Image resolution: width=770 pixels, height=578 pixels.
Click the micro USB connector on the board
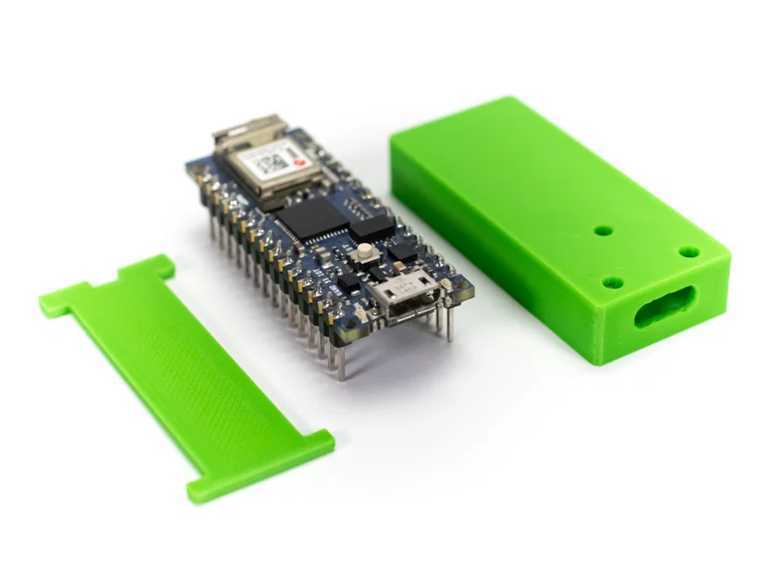click(x=405, y=296)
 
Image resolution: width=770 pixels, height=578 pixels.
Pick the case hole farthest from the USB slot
click(x=603, y=230)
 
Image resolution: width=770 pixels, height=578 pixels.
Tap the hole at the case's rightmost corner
click(x=689, y=251)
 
